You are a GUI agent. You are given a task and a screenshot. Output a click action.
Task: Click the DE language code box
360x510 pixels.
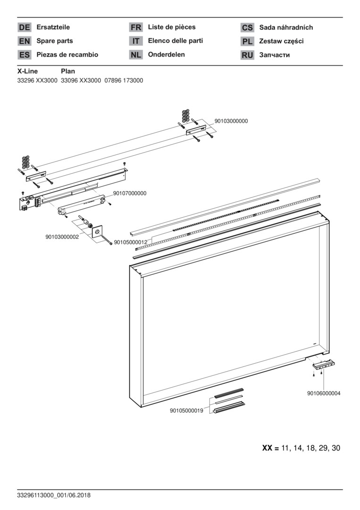pyautogui.click(x=24, y=28)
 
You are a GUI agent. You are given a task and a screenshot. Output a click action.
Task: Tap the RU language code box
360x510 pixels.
pyautogui.click(x=247, y=55)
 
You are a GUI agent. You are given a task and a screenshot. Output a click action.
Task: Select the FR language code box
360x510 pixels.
pyautogui.click(x=136, y=28)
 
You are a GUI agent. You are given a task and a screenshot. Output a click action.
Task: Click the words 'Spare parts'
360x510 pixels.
pyautogui.click(x=55, y=41)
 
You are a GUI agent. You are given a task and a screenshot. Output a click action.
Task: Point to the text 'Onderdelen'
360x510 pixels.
pyautogui.click(x=166, y=54)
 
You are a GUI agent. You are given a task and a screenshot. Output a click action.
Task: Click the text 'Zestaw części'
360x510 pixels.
pyautogui.click(x=281, y=41)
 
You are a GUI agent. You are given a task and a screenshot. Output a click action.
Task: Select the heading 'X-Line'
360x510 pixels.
pyautogui.click(x=27, y=71)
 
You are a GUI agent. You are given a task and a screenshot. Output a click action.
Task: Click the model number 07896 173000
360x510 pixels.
pyautogui.click(x=124, y=80)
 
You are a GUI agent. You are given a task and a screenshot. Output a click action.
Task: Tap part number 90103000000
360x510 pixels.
pyautogui.click(x=231, y=121)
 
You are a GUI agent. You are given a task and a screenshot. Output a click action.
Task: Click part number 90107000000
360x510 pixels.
pyautogui.click(x=130, y=193)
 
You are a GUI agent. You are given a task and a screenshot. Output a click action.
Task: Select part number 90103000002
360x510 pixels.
pyautogui.click(x=62, y=237)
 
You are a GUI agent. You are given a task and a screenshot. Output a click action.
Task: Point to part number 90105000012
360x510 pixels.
pyautogui.click(x=131, y=242)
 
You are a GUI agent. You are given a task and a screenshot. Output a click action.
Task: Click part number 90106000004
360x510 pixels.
pyautogui.click(x=324, y=393)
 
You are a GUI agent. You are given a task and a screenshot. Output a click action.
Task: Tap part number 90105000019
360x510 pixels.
pyautogui.click(x=186, y=411)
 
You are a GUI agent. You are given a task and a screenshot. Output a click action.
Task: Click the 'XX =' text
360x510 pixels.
pyautogui.click(x=270, y=448)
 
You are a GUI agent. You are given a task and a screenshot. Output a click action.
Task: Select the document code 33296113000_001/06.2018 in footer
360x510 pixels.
pyautogui.click(x=54, y=495)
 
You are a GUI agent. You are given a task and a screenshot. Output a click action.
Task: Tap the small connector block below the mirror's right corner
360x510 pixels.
pyautogui.click(x=323, y=365)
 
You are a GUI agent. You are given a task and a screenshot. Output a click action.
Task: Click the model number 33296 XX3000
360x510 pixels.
pyautogui.click(x=37, y=80)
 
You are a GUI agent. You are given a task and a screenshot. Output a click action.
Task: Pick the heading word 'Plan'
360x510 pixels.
pyautogui.click(x=68, y=71)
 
